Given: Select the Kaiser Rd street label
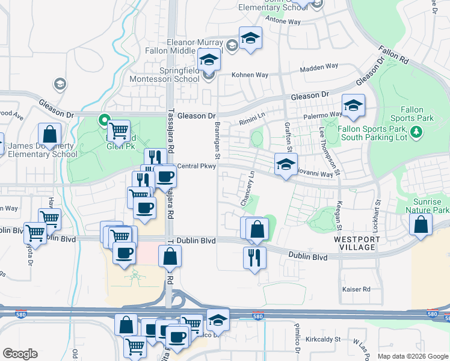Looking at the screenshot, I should (x=357, y=289).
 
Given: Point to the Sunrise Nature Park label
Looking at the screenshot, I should (x=431, y=206).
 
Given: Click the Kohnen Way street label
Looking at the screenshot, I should (x=250, y=75).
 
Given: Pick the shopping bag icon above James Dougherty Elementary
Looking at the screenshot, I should (x=49, y=134).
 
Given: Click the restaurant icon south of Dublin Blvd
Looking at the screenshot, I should (x=254, y=257).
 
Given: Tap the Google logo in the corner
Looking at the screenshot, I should (x=20, y=354).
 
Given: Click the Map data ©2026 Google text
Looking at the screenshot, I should (x=413, y=356).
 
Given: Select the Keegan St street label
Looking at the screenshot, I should (x=339, y=215).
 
